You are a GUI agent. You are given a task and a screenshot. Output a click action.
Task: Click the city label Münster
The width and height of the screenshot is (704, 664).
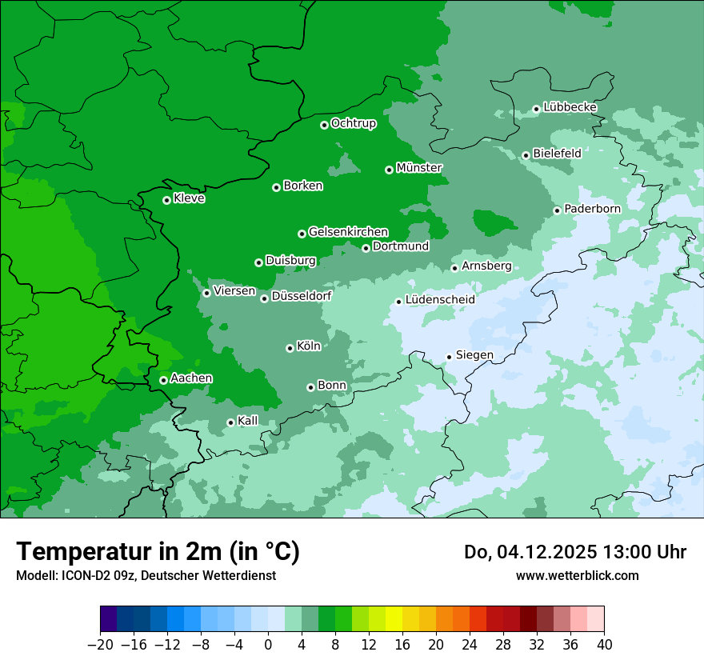(419, 168)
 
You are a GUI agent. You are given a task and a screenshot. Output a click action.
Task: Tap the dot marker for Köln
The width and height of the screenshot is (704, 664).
(290, 348)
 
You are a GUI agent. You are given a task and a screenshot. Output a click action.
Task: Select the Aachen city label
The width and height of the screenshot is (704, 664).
(191, 378)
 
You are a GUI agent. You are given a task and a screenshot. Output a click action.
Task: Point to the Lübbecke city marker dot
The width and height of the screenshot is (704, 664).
(536, 109)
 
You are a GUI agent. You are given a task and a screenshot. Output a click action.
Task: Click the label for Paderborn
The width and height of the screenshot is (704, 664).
(592, 209)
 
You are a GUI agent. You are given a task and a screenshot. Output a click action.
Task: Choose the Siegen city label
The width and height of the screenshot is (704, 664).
(474, 355)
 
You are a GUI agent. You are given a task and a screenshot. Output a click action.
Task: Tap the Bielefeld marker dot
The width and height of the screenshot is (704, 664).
(526, 155)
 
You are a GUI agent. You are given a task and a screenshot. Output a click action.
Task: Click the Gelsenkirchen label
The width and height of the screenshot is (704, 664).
(348, 232)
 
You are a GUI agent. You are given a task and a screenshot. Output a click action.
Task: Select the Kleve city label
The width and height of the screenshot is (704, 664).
(189, 198)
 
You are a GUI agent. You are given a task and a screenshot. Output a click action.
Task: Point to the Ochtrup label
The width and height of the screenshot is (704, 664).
(353, 123)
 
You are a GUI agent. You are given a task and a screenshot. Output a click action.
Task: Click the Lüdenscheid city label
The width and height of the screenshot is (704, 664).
(440, 300)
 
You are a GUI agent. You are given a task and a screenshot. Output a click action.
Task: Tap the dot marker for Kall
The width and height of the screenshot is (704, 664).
(230, 422)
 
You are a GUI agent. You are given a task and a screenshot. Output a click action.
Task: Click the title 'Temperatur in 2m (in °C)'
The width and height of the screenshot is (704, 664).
(158, 551)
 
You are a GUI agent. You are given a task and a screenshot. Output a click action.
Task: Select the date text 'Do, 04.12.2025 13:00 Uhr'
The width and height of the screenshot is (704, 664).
(574, 552)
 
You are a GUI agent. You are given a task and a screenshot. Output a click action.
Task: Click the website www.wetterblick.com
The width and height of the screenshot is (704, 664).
(577, 575)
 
